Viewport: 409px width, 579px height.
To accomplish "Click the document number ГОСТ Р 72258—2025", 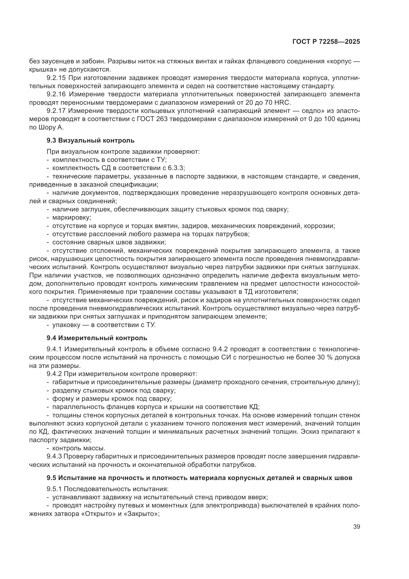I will tap(326, 42).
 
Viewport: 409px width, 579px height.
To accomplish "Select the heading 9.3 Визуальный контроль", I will tap(91, 140).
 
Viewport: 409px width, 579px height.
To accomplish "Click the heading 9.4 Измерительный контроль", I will tap(97, 338).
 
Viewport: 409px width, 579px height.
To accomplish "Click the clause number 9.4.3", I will tap(55, 456).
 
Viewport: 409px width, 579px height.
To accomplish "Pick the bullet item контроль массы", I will tap(79, 448).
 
